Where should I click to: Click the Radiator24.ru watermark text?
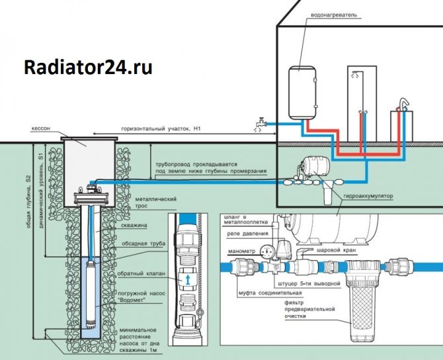tap(87, 67)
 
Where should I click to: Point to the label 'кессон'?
tap(40, 128)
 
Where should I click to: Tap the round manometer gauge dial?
tap(268, 252)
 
